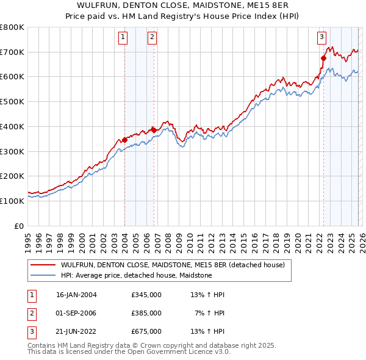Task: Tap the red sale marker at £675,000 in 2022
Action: [323, 58]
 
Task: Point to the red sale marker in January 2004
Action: [124, 140]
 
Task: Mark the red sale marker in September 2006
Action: [154, 130]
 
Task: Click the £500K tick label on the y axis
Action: [12, 101]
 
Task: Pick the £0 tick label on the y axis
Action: [18, 226]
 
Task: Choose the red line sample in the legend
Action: [43, 265]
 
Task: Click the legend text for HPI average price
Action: [136, 275]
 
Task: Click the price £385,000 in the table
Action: [146, 313]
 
